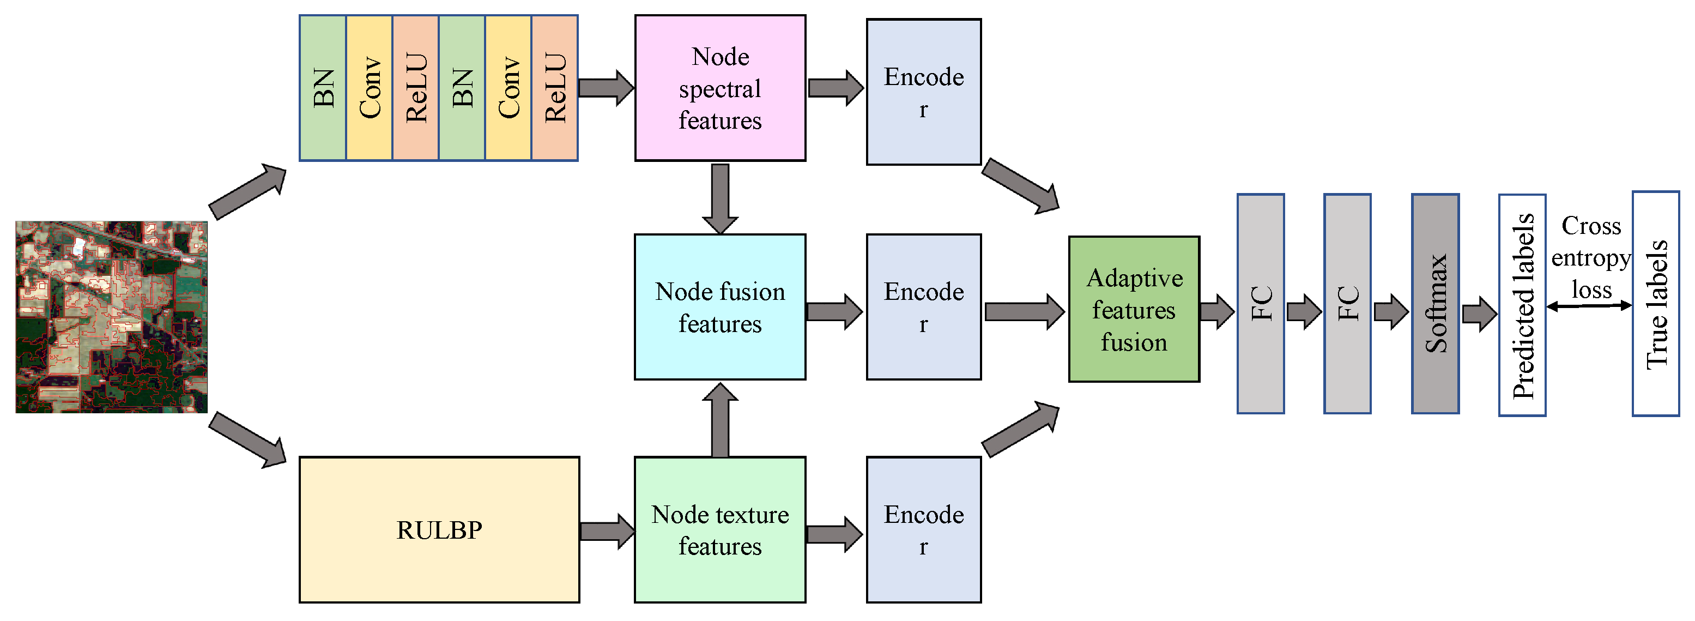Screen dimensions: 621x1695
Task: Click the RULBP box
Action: click(439, 529)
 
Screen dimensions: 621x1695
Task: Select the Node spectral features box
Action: click(720, 88)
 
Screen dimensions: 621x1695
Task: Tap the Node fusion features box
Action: click(720, 307)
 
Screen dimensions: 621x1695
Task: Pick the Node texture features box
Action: click(720, 529)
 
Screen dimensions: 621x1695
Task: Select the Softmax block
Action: click(1435, 304)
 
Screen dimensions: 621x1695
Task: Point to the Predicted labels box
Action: click(1522, 305)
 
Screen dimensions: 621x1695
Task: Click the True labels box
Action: click(1656, 304)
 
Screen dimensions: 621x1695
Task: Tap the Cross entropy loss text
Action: click(1590, 257)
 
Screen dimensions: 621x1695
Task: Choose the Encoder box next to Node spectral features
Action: click(923, 92)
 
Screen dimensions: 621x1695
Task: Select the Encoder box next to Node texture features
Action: click(923, 529)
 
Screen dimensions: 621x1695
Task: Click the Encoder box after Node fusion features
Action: click(923, 307)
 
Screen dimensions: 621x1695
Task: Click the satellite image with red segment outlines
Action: click(111, 317)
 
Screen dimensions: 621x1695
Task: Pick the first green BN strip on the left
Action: click(323, 88)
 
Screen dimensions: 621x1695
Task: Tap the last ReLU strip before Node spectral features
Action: click(555, 88)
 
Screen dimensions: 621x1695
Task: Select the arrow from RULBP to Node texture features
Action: click(607, 531)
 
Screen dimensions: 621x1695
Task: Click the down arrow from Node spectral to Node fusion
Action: click(720, 197)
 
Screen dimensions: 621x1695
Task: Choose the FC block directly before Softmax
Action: click(1347, 304)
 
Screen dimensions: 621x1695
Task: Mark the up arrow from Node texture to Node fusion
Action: click(720, 421)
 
